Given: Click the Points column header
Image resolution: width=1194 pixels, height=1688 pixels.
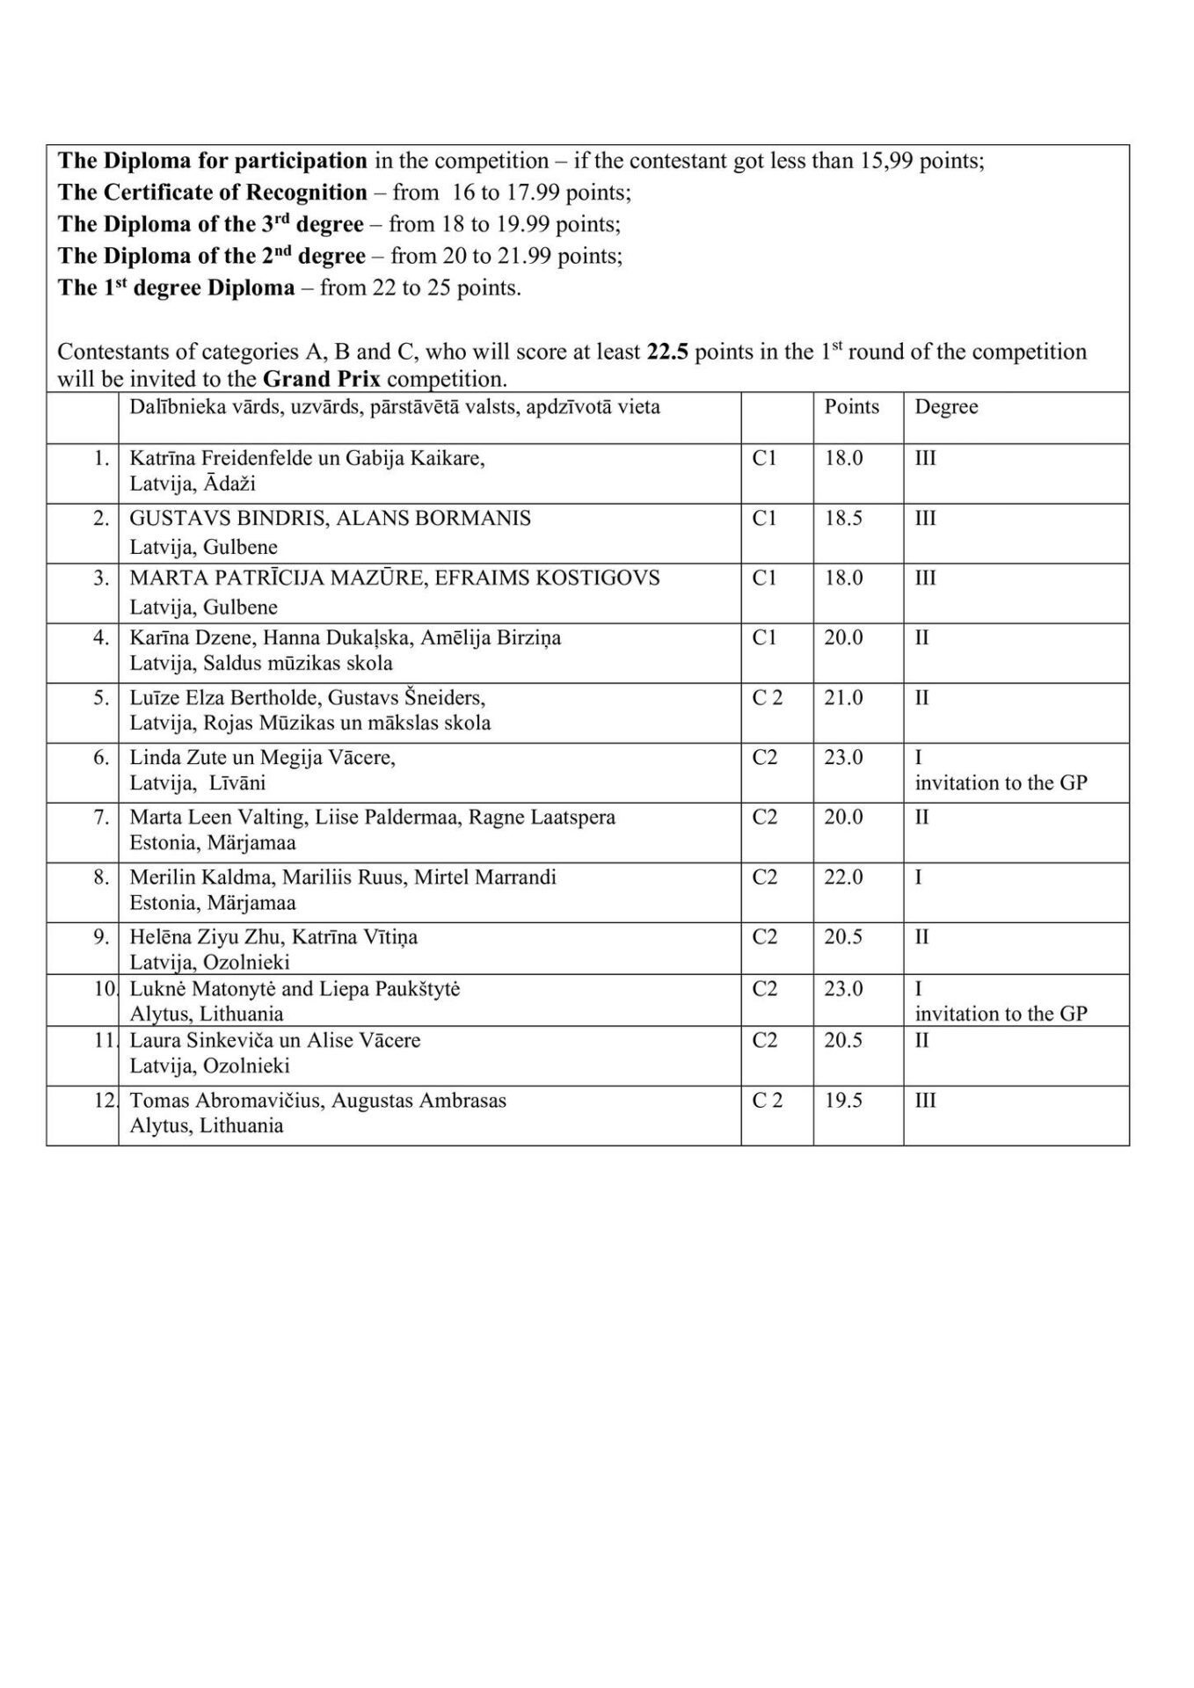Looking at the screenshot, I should pyautogui.click(x=851, y=407).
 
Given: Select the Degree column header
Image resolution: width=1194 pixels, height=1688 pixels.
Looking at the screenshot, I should pyautogui.click(x=946, y=407).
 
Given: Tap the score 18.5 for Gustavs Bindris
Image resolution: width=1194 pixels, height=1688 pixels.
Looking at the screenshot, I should pyautogui.click(x=843, y=518).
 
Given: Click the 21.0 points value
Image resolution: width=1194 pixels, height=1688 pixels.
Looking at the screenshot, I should pyautogui.click(x=843, y=698).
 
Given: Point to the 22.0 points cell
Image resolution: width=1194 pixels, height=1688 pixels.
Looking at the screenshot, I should pyautogui.click(x=843, y=877).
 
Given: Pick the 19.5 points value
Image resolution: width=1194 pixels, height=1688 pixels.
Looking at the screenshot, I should pyautogui.click(x=843, y=1101).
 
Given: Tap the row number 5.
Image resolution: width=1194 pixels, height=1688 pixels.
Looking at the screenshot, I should pyautogui.click(x=102, y=698).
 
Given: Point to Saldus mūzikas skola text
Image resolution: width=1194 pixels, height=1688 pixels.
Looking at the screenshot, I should pyautogui.click(x=298, y=664).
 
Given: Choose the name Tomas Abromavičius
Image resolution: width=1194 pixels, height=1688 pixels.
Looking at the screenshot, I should pyautogui.click(x=224, y=1101).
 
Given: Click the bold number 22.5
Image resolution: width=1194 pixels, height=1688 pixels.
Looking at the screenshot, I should pyautogui.click(x=667, y=352).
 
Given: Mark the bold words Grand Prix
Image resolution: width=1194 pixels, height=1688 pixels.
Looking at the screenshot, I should pyautogui.click(x=322, y=380).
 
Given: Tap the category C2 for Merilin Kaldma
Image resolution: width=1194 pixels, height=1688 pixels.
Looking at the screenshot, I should pyautogui.click(x=764, y=877).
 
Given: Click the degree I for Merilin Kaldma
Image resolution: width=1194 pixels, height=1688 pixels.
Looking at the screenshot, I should pyautogui.click(x=919, y=877).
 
